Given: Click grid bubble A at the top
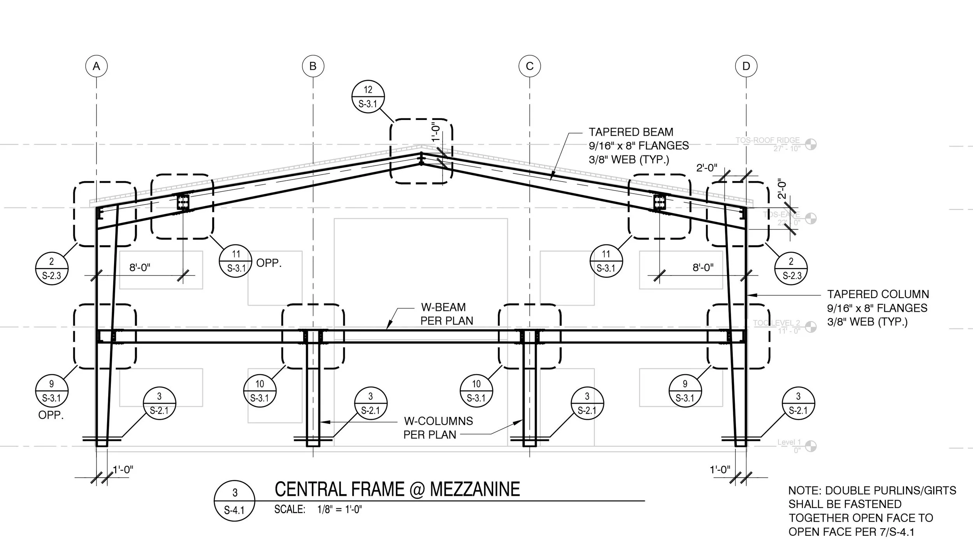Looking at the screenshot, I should click(x=97, y=66).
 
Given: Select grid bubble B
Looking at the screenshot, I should click(x=313, y=66).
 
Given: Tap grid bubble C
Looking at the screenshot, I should click(x=529, y=66).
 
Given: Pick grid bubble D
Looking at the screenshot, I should click(x=746, y=66).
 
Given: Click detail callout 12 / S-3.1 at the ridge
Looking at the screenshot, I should click(x=368, y=97).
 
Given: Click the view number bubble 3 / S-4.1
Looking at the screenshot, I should click(x=234, y=501).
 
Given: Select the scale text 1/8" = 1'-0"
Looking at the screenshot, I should click(x=339, y=510).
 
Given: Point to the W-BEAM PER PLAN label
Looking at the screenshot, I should click(x=446, y=314).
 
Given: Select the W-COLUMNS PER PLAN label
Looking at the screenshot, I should click(x=438, y=428).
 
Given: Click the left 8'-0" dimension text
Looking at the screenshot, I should click(x=140, y=268).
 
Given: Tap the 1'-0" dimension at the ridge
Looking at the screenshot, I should click(x=436, y=132).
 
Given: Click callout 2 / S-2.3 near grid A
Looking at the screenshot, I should click(x=52, y=268).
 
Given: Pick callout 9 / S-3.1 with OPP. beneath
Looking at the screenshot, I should click(x=52, y=391).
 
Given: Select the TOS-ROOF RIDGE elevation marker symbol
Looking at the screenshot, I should click(x=811, y=145).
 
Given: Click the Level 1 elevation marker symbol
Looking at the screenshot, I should click(x=811, y=447).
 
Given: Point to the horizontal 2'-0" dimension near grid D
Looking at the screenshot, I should click(x=706, y=168).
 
